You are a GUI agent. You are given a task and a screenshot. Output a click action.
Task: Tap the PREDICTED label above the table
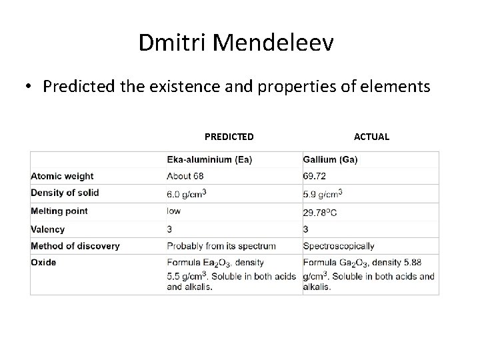[x=229, y=137]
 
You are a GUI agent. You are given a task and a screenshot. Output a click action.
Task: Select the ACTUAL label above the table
[x=371, y=137]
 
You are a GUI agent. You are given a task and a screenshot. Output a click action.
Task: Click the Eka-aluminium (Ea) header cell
[x=209, y=159]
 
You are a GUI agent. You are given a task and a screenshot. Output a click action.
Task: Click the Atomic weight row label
[x=62, y=176]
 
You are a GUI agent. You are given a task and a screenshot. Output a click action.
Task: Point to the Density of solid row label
[x=65, y=193]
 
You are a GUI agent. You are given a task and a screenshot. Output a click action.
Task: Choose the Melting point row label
[x=59, y=211]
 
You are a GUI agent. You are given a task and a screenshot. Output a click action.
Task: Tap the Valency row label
[x=48, y=229]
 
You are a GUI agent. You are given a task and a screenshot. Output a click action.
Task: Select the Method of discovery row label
[x=75, y=246]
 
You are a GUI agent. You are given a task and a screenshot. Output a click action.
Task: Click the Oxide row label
[x=43, y=263]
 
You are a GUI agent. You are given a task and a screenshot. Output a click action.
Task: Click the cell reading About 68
[x=187, y=176]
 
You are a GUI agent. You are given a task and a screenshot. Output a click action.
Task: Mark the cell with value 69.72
[x=315, y=176]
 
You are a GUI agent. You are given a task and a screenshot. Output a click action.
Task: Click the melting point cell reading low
[x=174, y=211]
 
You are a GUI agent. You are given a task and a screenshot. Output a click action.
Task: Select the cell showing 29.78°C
[x=324, y=213]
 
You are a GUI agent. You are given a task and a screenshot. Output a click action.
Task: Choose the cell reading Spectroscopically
[x=339, y=246]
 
